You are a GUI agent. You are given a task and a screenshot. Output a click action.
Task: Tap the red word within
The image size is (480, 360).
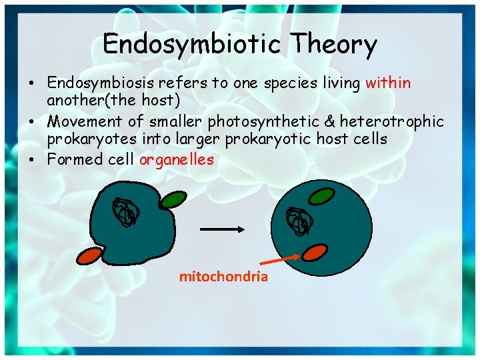point(388,83)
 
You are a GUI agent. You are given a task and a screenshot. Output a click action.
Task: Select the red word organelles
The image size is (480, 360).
point(177,159)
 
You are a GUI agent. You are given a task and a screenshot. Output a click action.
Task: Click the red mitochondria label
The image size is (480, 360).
point(223,277)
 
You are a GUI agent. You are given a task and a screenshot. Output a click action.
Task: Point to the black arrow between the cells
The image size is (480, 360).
point(223,229)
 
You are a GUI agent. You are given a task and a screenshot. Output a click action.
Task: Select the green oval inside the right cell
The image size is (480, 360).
point(321,197)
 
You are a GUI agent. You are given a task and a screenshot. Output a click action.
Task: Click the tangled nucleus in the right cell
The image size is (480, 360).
point(297,221)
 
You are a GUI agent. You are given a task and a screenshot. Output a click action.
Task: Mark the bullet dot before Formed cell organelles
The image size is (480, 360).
point(32,160)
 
